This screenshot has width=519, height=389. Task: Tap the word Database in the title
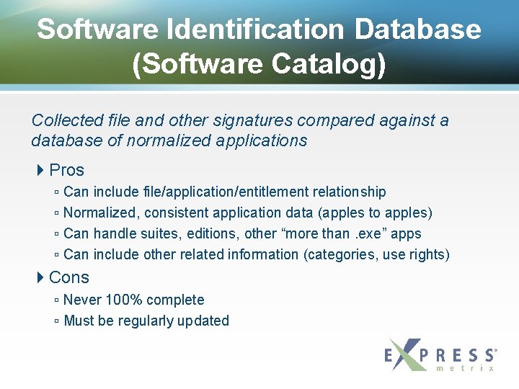[x=417, y=30]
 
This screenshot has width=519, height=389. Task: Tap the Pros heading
[x=67, y=171]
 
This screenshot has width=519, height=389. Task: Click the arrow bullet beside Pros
[x=40, y=171]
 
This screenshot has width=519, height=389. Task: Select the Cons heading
[x=69, y=277]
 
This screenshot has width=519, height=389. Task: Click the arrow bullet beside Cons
[x=40, y=277]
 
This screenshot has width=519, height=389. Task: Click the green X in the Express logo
[x=407, y=354]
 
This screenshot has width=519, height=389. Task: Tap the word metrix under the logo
[x=466, y=368]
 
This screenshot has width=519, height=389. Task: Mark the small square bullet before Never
[x=56, y=300]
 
